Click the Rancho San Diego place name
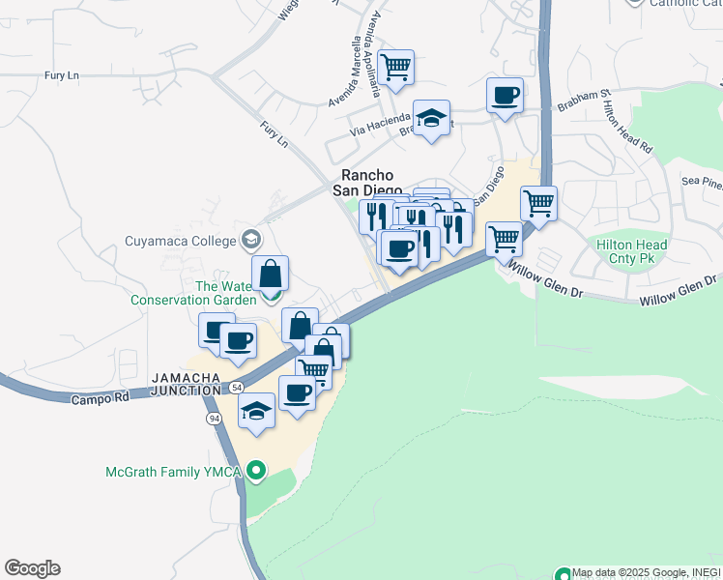point(363,183)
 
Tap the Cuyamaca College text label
point(181,240)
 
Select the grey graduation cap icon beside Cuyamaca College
point(251,239)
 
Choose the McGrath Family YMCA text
point(174,472)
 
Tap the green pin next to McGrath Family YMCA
point(255,471)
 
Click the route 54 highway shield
point(236,387)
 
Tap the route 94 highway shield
point(214,418)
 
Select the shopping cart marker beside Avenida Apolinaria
point(395,68)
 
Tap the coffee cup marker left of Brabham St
point(505,96)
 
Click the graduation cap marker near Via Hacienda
point(431,118)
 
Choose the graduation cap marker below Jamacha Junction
point(257,411)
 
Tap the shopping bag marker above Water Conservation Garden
point(270,274)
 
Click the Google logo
point(32,567)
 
